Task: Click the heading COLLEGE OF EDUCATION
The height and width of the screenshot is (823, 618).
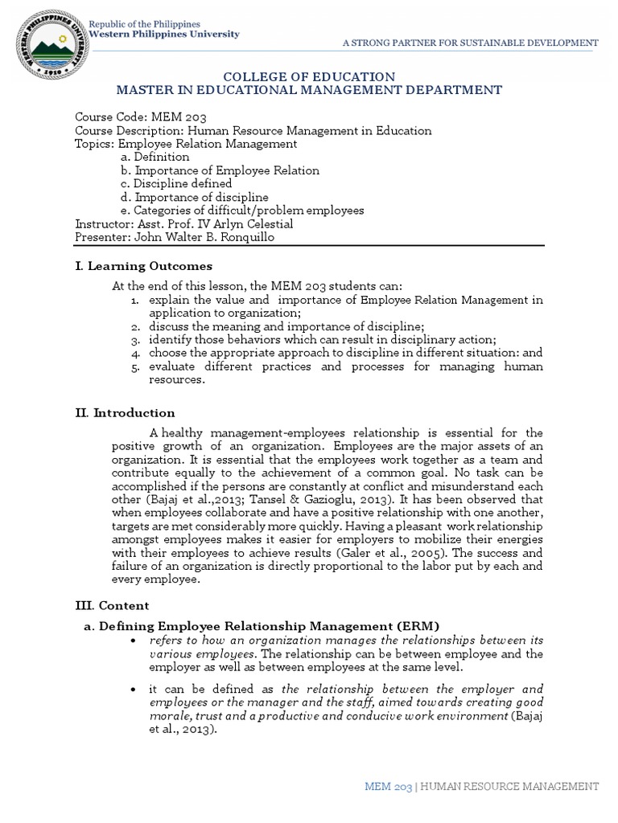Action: (x=308, y=76)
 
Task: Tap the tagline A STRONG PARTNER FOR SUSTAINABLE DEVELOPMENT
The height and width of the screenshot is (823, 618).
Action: (x=471, y=42)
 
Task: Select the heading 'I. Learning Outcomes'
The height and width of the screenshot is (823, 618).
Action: (x=143, y=265)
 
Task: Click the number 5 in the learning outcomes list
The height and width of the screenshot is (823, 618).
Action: (x=137, y=367)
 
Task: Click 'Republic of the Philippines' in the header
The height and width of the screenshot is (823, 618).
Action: (x=145, y=25)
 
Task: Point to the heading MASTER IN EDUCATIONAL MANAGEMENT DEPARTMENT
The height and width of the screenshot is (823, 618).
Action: (x=308, y=90)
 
